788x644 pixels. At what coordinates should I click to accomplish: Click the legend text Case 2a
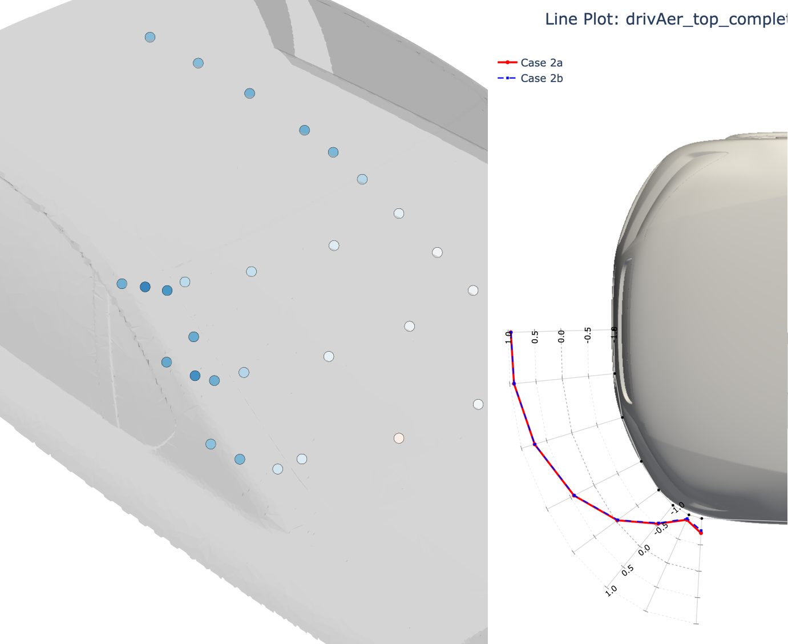point(542,63)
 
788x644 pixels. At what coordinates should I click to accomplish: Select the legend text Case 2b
point(542,78)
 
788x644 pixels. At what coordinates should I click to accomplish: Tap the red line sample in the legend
point(507,62)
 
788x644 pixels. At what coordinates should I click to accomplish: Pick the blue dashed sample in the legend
point(507,78)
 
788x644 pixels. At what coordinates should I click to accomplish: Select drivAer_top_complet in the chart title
point(706,19)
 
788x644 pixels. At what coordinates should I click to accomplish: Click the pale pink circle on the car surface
point(399,438)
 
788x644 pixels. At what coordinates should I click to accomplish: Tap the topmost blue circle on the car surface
point(150,37)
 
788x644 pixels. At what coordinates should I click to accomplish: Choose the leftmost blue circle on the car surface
point(122,284)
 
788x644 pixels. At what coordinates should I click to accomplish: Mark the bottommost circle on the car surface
point(278,469)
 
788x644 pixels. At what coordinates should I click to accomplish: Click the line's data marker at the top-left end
point(511,332)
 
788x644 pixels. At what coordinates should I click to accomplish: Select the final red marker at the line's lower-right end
point(701,533)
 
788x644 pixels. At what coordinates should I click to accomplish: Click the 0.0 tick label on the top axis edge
point(561,336)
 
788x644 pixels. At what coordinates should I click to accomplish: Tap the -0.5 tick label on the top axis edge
point(588,334)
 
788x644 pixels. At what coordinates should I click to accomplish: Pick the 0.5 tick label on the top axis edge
point(535,337)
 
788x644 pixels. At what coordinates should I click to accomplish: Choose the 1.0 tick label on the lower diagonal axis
point(611,590)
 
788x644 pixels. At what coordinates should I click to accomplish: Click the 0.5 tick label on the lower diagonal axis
point(628,570)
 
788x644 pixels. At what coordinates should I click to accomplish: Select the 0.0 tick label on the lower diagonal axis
point(644,550)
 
